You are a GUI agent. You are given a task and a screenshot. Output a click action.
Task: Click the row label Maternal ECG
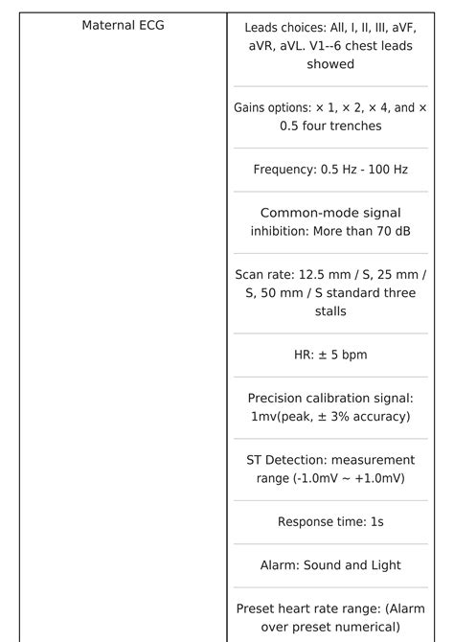pyautogui.click(x=123, y=26)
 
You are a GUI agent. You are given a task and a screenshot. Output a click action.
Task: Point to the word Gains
pyautogui.click(x=251, y=107)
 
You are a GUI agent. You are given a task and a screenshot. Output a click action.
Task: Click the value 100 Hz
pyautogui.click(x=387, y=170)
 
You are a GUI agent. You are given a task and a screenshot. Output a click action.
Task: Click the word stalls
pyautogui.click(x=330, y=310)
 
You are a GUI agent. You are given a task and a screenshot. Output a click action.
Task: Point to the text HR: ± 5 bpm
pyautogui.click(x=330, y=355)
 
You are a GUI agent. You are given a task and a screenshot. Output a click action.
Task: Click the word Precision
pyautogui.click(x=278, y=398)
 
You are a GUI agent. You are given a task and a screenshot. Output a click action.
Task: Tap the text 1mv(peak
pyautogui.click(x=282, y=416)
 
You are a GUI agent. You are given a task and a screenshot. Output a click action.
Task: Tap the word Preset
pyautogui.click(x=258, y=608)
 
